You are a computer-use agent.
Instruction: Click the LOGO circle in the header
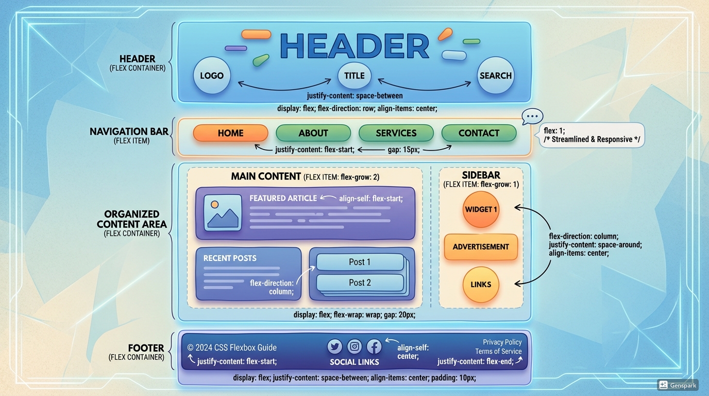(212, 76)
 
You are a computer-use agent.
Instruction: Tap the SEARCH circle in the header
(496, 76)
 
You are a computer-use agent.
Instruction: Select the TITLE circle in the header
(354, 76)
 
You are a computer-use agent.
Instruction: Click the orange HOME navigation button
(230, 133)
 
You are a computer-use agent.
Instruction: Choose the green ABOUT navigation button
(313, 133)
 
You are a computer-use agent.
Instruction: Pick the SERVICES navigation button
(396, 133)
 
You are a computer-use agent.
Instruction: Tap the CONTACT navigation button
(479, 133)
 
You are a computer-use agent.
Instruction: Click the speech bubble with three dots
(532, 116)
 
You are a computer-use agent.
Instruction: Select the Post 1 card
(360, 262)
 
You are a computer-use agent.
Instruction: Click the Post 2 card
(360, 283)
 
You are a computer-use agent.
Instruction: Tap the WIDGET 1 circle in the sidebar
(481, 210)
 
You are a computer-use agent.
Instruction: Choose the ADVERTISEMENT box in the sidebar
(481, 246)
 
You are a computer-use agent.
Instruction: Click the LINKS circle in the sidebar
(481, 285)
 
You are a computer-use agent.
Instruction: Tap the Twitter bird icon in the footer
(335, 346)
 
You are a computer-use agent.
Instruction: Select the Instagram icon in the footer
(354, 346)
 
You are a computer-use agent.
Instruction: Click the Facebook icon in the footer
(374, 346)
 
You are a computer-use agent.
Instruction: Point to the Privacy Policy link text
(502, 342)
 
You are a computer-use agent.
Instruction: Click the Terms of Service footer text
(498, 351)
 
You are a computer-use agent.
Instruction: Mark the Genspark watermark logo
(678, 385)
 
